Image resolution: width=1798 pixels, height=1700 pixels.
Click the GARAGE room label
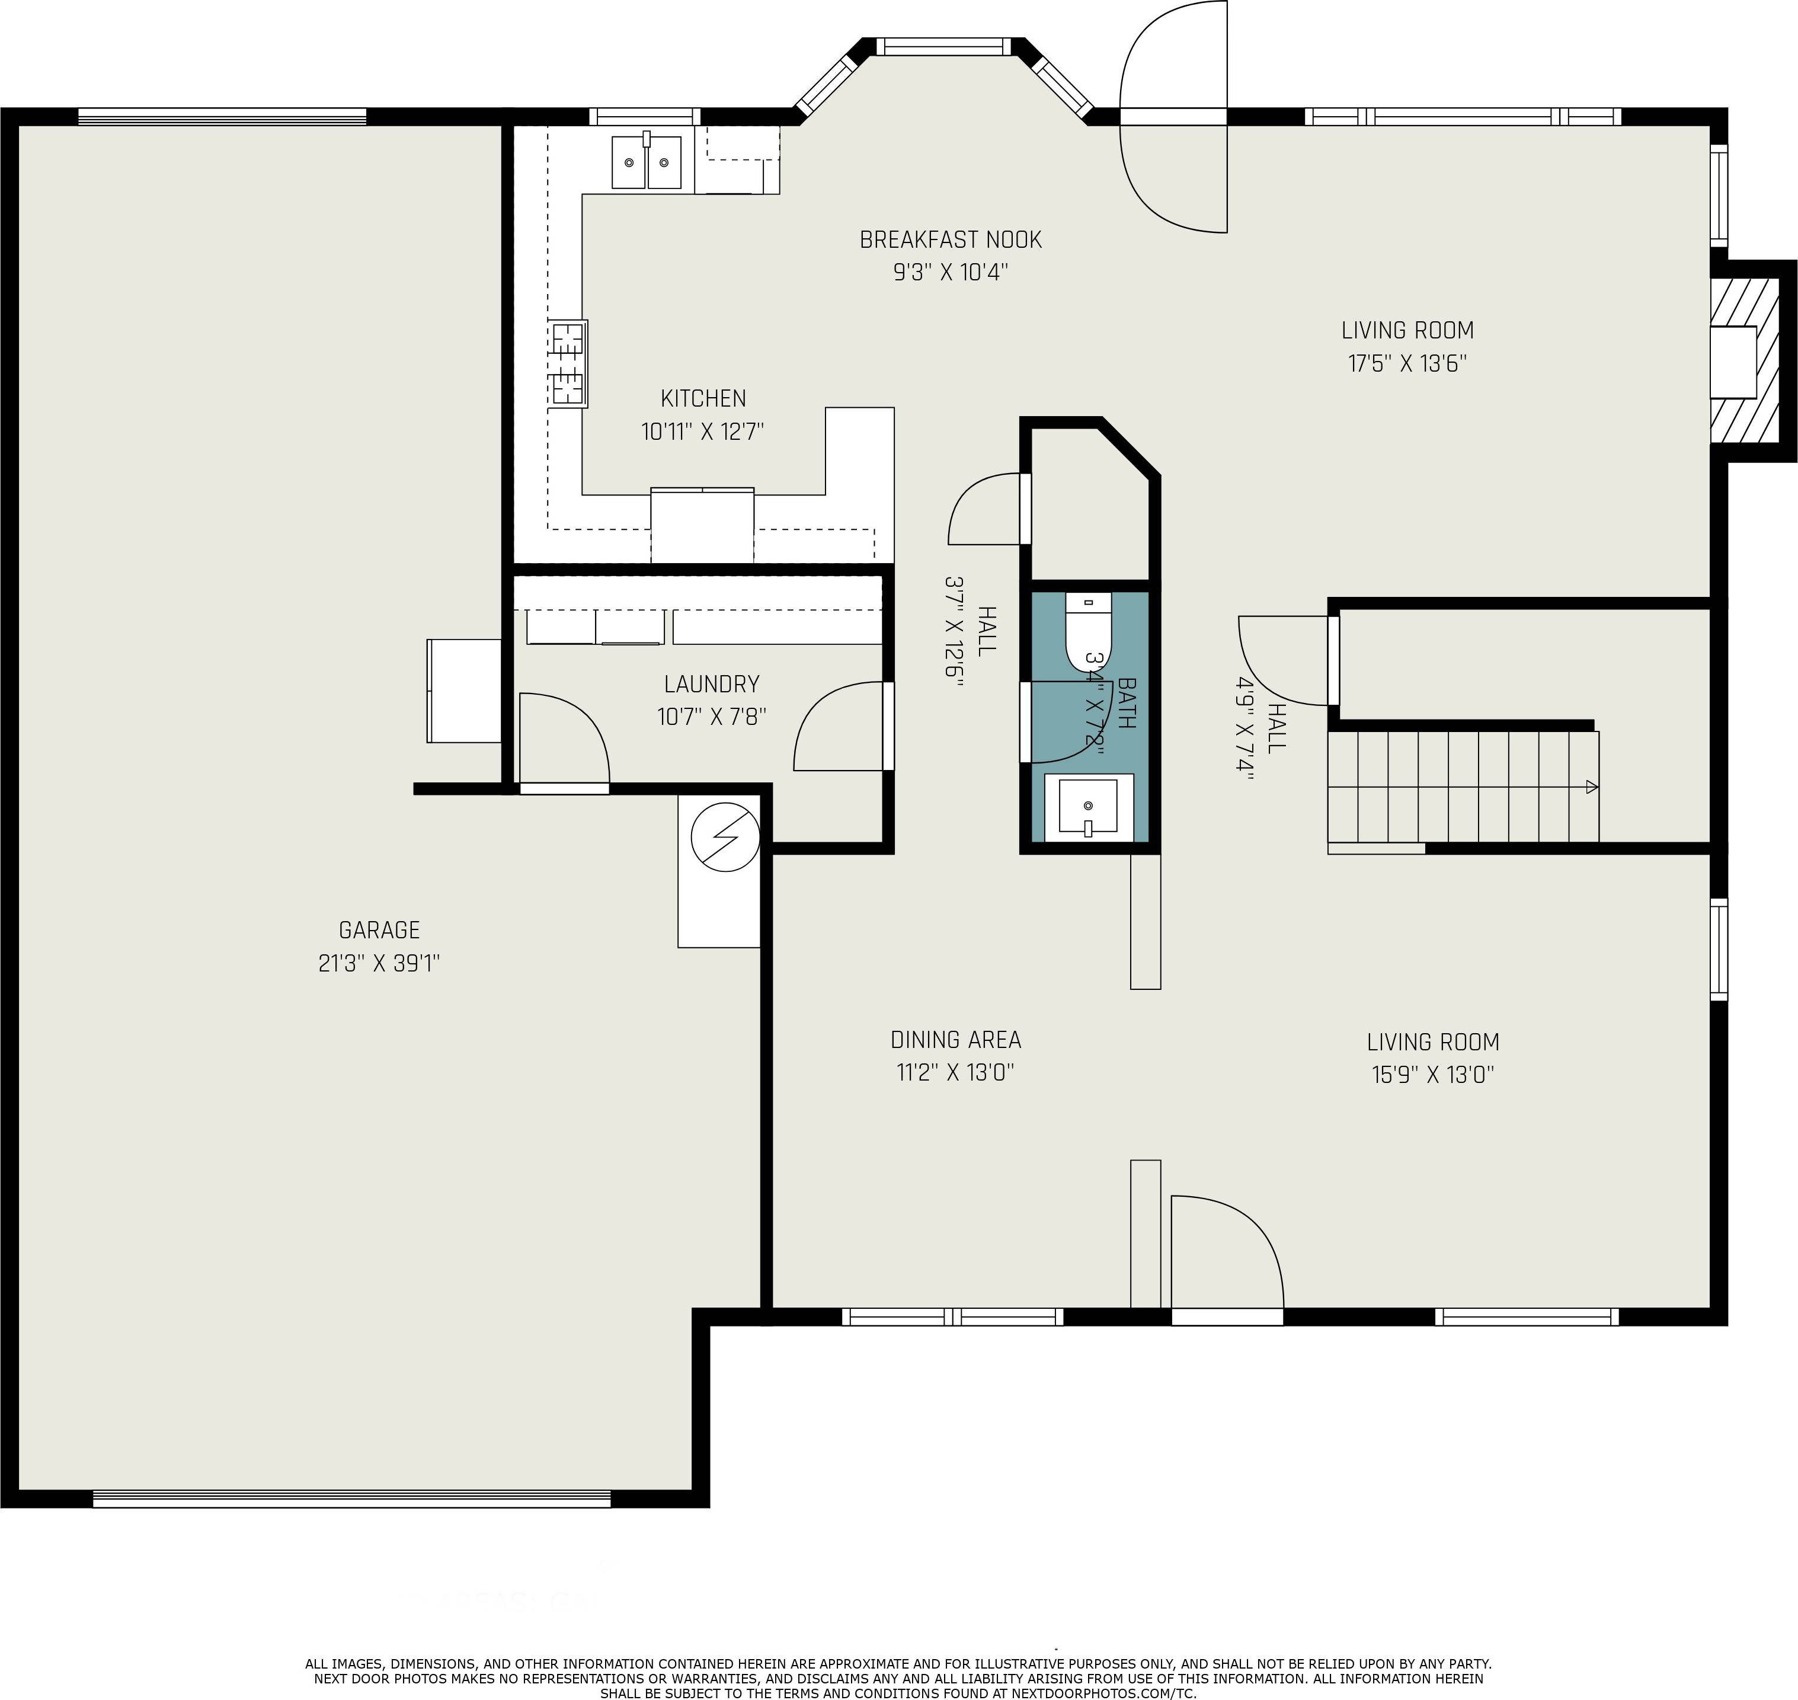[379, 930]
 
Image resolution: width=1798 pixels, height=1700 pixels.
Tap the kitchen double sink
[647, 162]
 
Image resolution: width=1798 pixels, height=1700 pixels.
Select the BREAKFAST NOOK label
[950, 239]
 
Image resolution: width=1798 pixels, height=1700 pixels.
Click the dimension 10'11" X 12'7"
[703, 432]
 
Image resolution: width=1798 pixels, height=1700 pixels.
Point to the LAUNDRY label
[711, 684]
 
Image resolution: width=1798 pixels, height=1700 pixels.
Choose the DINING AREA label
[956, 1040]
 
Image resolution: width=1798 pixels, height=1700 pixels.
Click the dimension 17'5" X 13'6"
[1407, 363]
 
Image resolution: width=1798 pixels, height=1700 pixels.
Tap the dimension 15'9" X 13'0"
[1432, 1075]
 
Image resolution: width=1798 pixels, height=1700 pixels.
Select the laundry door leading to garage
[564, 742]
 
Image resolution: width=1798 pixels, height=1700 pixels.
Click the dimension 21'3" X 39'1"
[379, 963]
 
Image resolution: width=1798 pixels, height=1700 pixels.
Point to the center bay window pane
[942, 46]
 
